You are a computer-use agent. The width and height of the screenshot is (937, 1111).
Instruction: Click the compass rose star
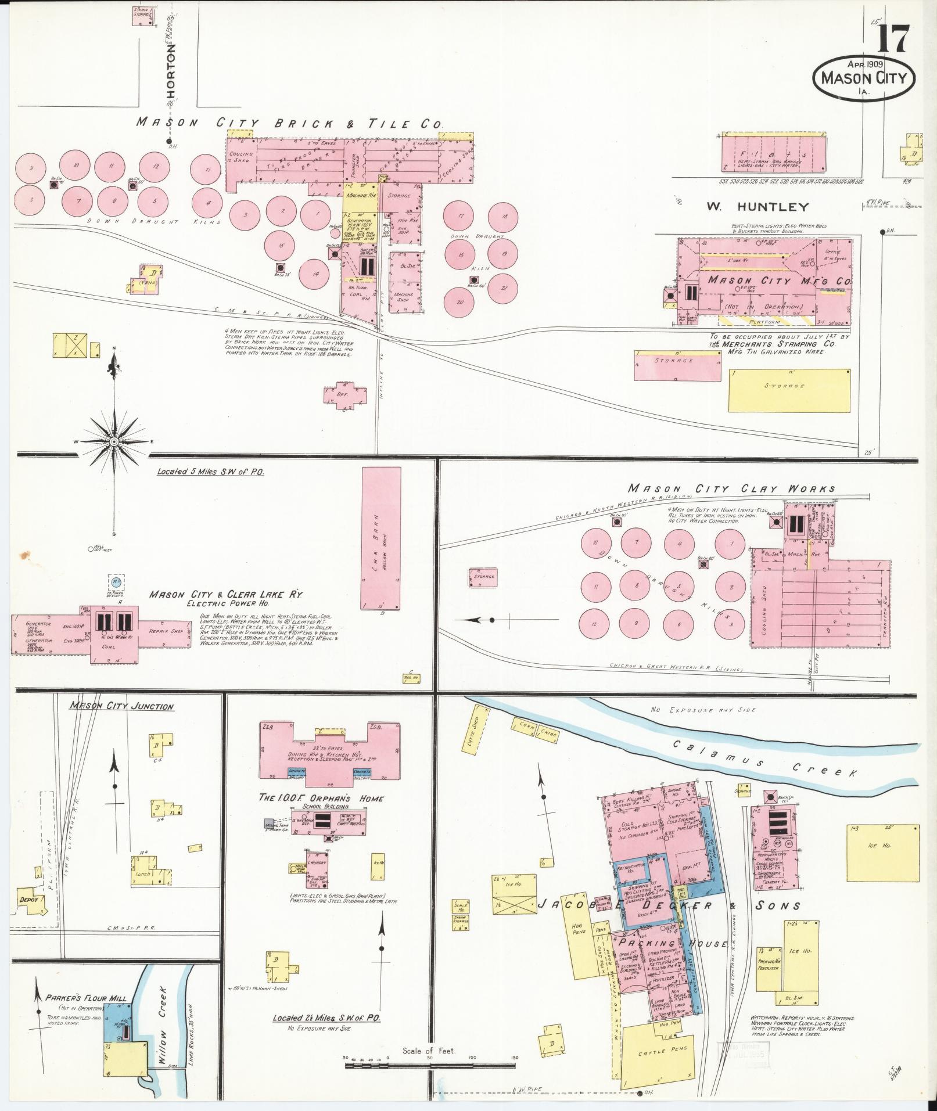[x=114, y=441]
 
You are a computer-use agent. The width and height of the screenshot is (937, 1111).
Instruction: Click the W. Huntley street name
[x=758, y=206]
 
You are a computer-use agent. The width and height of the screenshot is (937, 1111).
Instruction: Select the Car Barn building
[x=381, y=539]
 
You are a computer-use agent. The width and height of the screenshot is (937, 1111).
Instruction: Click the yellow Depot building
[x=30, y=916]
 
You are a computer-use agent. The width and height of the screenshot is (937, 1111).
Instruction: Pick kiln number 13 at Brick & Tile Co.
[x=208, y=170]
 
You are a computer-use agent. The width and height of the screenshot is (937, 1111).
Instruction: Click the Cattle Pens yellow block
[x=658, y=1049]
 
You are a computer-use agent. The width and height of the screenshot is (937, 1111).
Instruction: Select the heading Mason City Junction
[x=122, y=706]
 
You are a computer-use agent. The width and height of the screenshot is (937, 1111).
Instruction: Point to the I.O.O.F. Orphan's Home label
[x=321, y=798]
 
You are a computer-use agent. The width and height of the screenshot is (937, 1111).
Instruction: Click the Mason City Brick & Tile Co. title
[x=289, y=123]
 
